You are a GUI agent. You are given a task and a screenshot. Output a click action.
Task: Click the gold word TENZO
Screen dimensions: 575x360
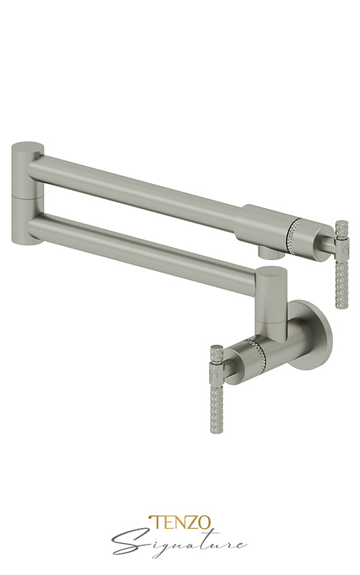[180, 523]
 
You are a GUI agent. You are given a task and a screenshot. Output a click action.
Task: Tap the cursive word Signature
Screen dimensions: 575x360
[180, 542]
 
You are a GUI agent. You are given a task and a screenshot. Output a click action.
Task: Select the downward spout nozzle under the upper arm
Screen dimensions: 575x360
[270, 252]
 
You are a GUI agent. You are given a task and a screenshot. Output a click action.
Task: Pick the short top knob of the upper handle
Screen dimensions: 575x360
[342, 227]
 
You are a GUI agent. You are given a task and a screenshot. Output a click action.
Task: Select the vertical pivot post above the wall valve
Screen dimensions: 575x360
[270, 299]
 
